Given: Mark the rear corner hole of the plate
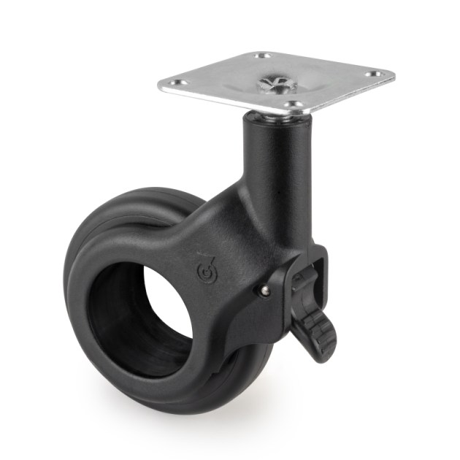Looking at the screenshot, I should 263,56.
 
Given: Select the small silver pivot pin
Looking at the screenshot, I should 263,291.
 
